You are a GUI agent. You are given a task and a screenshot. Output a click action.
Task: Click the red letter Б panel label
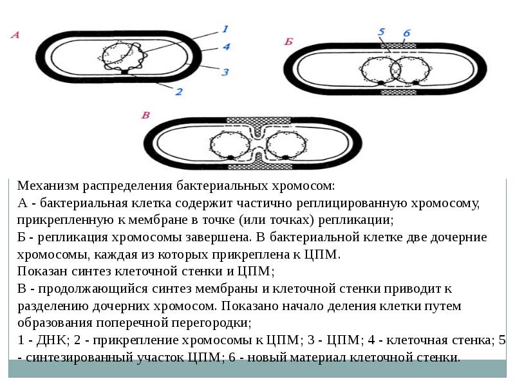point(289,42)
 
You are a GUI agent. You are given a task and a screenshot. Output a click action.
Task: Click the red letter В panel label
point(145,115)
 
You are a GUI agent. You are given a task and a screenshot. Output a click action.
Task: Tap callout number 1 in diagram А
point(225,29)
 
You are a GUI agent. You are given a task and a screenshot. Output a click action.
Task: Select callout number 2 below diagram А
point(179,91)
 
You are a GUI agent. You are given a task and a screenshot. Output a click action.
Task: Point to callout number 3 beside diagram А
point(225,72)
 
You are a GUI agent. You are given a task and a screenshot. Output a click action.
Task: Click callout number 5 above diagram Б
point(381,32)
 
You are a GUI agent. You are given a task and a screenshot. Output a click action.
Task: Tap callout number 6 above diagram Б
point(406,32)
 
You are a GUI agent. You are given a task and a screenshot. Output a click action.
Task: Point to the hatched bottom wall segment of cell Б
point(398,93)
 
